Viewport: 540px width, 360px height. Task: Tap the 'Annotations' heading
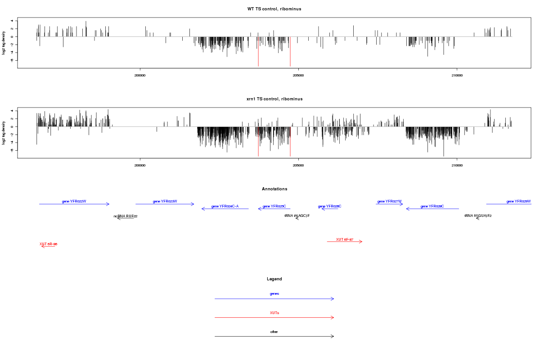[x=274, y=189]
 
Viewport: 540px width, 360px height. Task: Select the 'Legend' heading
[x=274, y=279]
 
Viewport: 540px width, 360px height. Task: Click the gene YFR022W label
[x=74, y=201]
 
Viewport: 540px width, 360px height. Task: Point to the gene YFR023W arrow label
[x=165, y=201]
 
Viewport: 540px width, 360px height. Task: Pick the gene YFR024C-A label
[x=225, y=206]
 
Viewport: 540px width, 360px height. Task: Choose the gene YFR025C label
[x=274, y=206]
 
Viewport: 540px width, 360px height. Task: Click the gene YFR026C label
[x=329, y=206]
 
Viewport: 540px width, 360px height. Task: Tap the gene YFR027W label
[x=389, y=201]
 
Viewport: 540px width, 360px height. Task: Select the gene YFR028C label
[x=432, y=206]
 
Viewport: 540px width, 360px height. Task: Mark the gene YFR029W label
[x=518, y=201]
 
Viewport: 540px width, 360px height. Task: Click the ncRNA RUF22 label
[x=125, y=216]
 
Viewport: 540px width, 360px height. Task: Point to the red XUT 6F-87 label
[x=344, y=239]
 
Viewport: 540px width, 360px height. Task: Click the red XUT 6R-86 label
[x=48, y=244]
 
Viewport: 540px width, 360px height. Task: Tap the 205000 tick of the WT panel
[x=298, y=76]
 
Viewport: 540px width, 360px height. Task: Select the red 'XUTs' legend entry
[x=274, y=313]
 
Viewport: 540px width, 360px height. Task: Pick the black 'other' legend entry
[x=274, y=332]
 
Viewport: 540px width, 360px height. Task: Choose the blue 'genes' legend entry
[x=274, y=294]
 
